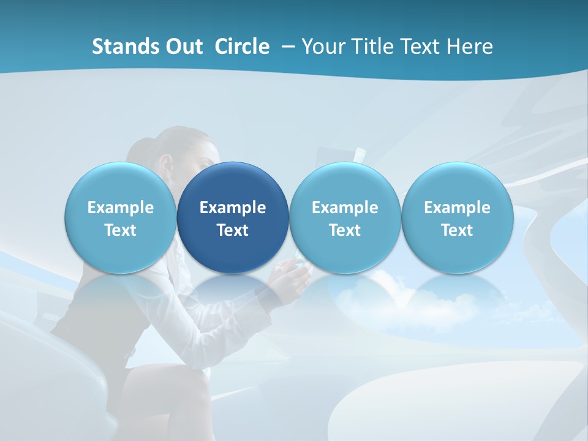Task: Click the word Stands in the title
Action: [122, 47]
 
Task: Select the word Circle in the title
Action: [242, 47]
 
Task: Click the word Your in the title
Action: [323, 47]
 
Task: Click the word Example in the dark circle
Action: [233, 208]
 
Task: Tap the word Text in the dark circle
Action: [233, 230]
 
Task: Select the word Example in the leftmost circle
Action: [121, 208]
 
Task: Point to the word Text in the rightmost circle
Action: [457, 230]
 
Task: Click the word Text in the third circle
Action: [345, 230]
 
